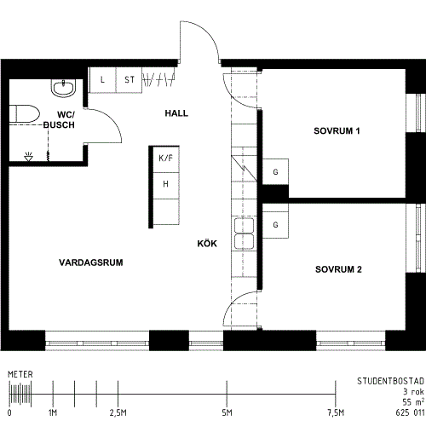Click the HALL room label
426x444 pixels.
point(176,113)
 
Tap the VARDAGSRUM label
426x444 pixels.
point(91,262)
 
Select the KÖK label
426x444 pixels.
point(207,244)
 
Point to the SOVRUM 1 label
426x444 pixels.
point(337,131)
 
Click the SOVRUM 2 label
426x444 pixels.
point(338,269)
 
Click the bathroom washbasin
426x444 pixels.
point(64,88)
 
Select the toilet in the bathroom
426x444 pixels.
point(24,114)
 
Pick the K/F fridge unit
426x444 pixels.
point(166,159)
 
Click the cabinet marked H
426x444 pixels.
point(166,186)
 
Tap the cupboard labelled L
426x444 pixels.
point(103,80)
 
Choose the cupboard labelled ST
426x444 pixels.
point(129,80)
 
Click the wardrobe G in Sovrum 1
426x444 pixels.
point(275,172)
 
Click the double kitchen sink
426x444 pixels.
point(244,234)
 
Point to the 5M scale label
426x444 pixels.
point(227,412)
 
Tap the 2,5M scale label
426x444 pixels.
point(118,412)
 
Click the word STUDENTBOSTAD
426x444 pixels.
point(390,381)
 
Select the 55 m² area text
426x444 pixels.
point(413,402)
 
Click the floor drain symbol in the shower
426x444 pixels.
point(28,157)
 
